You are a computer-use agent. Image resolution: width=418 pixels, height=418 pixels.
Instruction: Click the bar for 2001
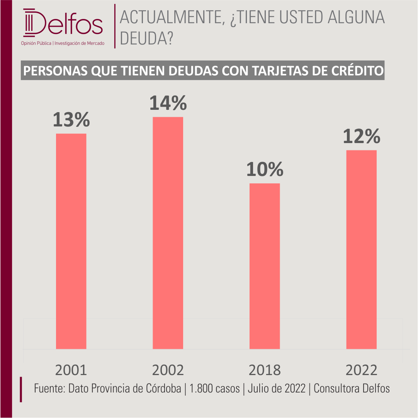pyautogui.click(x=71, y=241)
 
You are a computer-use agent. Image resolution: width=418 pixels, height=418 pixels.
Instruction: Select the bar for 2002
pyautogui.click(x=168, y=233)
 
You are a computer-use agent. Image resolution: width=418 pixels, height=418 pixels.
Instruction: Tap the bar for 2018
pyautogui.click(x=265, y=266)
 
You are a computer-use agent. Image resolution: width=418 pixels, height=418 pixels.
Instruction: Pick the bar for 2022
pyautogui.click(x=362, y=249)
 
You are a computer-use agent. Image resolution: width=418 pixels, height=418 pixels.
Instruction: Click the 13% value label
pyautogui.click(x=71, y=119)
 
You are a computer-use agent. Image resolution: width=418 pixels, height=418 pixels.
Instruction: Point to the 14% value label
pyautogui.click(x=168, y=103)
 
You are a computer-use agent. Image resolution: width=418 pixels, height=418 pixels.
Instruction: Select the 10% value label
pyautogui.click(x=265, y=169)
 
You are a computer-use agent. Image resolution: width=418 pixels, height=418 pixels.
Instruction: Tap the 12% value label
pyautogui.click(x=362, y=136)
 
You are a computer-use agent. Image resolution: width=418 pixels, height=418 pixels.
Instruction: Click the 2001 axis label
pyautogui.click(x=71, y=370)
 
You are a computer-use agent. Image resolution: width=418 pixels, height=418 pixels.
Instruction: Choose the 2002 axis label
pyautogui.click(x=168, y=370)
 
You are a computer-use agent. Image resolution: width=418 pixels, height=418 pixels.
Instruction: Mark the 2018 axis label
pyautogui.click(x=265, y=370)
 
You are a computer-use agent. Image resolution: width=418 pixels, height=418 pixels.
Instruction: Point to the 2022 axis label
pyautogui.click(x=362, y=370)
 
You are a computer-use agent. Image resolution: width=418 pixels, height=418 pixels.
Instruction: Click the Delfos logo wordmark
pyautogui.click(x=63, y=23)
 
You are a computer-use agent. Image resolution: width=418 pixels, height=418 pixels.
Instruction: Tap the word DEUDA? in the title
pyautogui.click(x=147, y=38)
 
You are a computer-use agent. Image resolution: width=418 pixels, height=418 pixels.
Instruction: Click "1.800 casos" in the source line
pyautogui.click(x=214, y=389)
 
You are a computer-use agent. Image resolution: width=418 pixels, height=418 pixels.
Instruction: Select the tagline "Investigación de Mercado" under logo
pyautogui.click(x=80, y=43)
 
